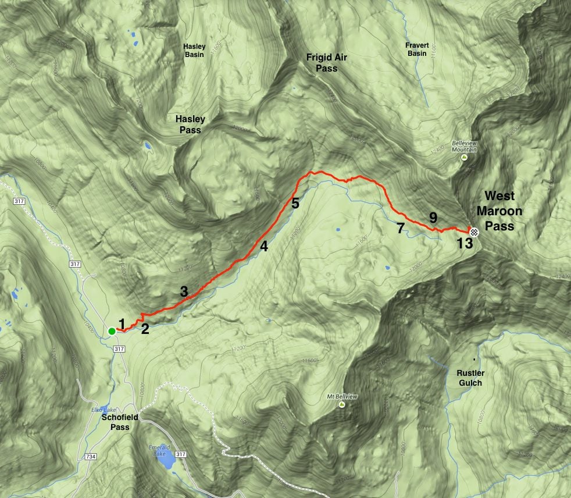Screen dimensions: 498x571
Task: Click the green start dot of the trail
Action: (111, 332)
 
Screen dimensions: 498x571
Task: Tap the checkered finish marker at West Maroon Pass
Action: (474, 232)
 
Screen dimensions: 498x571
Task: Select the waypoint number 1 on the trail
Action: (122, 323)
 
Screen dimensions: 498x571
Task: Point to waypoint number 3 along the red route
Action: (184, 292)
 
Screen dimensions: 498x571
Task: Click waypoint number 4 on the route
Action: (264, 246)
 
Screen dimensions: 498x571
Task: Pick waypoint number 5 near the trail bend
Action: (295, 203)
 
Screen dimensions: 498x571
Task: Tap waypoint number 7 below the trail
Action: (400, 228)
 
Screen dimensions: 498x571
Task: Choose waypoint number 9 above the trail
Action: (433, 218)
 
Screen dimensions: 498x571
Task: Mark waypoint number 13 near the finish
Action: (465, 243)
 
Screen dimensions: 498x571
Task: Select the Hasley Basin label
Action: (194, 50)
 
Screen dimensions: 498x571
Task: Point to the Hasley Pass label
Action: (190, 124)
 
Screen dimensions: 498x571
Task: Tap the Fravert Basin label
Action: (417, 49)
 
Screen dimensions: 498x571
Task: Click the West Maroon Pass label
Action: (499, 211)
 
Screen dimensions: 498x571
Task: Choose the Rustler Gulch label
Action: (469, 378)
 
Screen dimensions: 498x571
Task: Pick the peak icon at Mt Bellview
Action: (341, 405)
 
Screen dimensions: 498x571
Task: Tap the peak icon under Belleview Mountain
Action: (464, 157)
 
